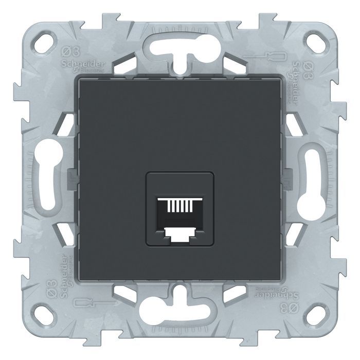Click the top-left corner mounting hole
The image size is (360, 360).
coord(43,38)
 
